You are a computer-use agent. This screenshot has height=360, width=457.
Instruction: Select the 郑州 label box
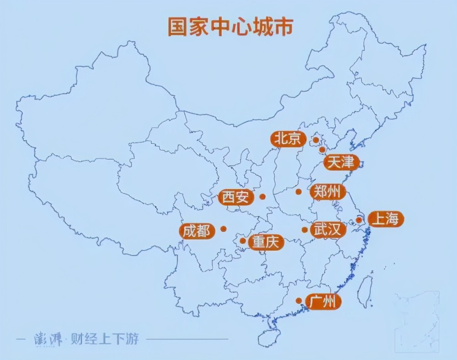[x=327, y=192]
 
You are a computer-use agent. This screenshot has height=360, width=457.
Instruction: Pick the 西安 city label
[x=236, y=197]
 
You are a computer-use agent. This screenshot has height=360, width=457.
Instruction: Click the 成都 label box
[x=197, y=231]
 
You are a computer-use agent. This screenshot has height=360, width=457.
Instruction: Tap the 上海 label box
[x=386, y=219]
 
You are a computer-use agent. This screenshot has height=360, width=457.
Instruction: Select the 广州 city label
[x=323, y=302]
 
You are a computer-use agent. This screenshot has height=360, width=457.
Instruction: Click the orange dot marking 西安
[x=262, y=197]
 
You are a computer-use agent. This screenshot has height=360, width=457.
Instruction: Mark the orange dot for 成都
[x=223, y=229]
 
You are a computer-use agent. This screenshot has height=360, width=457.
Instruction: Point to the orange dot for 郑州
[x=298, y=192]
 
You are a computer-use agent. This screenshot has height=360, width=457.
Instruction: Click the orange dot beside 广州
[x=298, y=301]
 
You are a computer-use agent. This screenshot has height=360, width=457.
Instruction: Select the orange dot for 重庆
[x=243, y=240]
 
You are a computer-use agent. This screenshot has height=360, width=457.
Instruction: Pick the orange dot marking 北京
[x=315, y=139]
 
